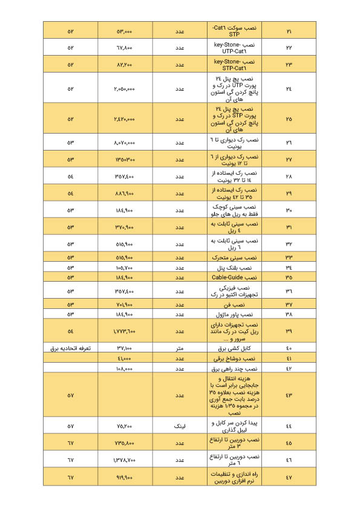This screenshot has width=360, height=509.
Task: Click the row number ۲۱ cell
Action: click(x=288, y=31)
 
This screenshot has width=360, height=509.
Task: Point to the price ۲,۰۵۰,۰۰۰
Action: click(x=124, y=88)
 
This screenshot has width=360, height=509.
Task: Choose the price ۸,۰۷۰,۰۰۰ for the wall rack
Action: click(x=124, y=143)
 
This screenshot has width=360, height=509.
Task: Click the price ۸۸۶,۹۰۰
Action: click(x=124, y=193)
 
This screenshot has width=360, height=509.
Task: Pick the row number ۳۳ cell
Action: click(x=288, y=257)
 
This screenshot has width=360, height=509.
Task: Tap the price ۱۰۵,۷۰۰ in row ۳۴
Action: click(x=124, y=267)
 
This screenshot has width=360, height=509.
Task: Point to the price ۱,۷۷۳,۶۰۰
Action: click(x=124, y=331)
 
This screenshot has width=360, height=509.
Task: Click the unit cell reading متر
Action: click(x=179, y=349)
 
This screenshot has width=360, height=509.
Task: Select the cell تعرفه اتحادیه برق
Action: click(x=70, y=349)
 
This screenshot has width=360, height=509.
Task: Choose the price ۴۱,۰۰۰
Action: click(x=124, y=358)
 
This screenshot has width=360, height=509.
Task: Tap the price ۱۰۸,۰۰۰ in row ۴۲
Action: click(x=124, y=368)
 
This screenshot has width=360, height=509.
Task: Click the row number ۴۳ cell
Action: click(x=288, y=395)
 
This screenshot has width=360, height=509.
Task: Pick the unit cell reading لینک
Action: click(x=179, y=426)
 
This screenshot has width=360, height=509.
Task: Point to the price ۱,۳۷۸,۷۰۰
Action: click(x=124, y=460)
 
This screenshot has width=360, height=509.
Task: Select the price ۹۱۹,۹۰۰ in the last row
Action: click(x=124, y=477)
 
